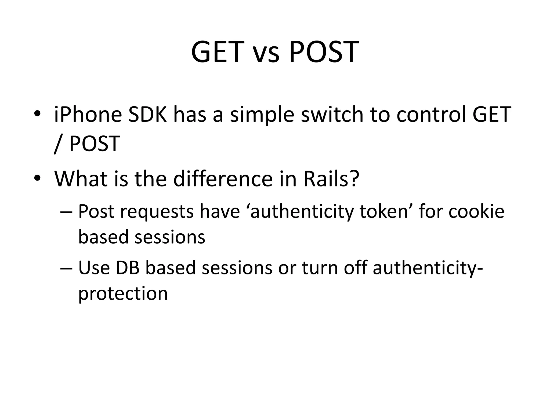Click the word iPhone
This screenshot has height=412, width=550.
(88, 115)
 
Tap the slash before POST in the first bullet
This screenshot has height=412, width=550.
(57, 144)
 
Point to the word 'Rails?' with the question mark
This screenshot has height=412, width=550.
(331, 179)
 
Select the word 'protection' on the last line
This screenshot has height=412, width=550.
(123, 293)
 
